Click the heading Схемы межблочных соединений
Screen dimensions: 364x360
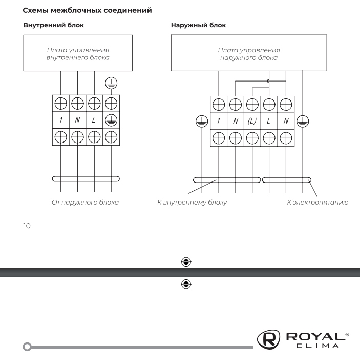(88, 10)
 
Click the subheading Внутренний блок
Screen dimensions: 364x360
(54, 25)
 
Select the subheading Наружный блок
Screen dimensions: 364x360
(198, 25)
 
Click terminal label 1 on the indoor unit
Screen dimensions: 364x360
(61, 120)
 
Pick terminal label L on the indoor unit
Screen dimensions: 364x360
(94, 120)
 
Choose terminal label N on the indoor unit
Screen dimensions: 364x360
(77, 120)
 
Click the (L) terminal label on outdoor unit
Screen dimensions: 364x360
(252, 122)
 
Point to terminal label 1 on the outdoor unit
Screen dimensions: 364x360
(219, 122)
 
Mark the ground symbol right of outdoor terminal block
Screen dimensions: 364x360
(303, 122)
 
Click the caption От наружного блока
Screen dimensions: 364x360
(85, 203)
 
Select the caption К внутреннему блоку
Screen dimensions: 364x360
(192, 203)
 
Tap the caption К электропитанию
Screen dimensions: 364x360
(317, 203)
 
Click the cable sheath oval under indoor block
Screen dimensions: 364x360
(86, 179)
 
